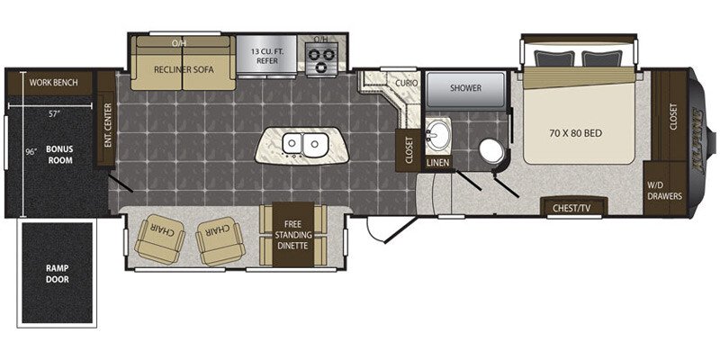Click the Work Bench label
point(54,83)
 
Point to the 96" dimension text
point(31,152)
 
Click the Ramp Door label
point(57,274)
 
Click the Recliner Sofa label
point(184,70)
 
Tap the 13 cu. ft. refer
point(266,55)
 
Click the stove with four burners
point(321,59)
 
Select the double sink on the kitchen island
point(302,145)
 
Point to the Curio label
point(407,83)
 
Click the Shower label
point(465,87)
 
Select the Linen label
point(437,163)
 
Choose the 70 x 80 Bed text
point(575,133)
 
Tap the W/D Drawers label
point(664,191)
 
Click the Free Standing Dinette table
point(293,235)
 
